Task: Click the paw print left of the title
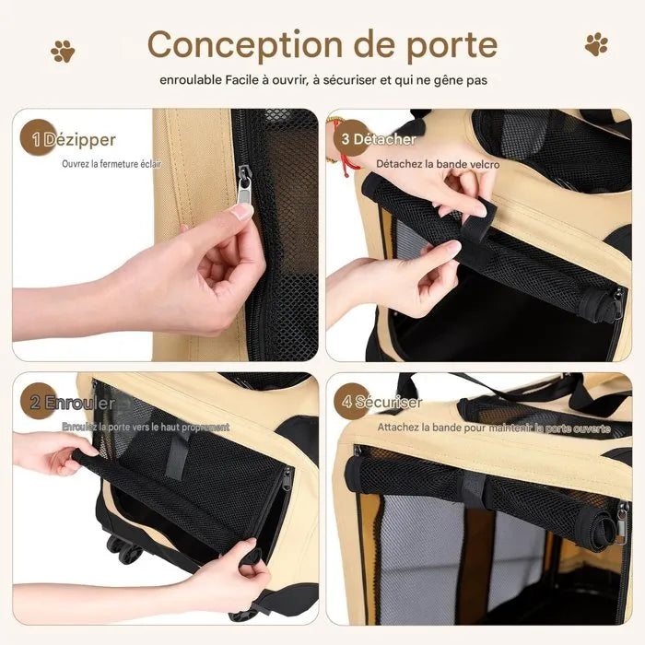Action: click(63, 51)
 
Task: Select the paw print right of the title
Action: click(596, 44)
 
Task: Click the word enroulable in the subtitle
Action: click(191, 80)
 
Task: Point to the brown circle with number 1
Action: click(37, 138)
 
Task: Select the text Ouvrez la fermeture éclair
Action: click(111, 164)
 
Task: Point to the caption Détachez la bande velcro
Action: click(438, 164)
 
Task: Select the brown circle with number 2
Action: click(37, 401)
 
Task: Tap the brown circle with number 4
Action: click(349, 401)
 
